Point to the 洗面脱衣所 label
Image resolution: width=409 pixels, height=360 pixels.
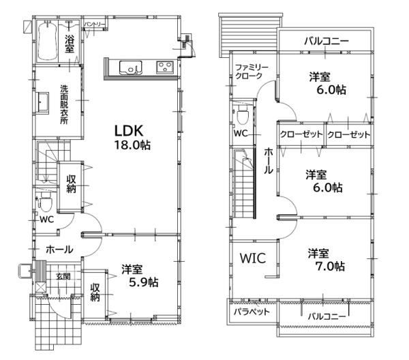64,104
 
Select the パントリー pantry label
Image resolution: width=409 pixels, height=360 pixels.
94,25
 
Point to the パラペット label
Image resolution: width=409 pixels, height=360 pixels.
252,312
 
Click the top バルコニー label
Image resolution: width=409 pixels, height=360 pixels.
327,42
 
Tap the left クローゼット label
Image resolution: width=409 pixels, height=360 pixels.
301,134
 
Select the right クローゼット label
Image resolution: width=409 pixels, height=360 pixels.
349,134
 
